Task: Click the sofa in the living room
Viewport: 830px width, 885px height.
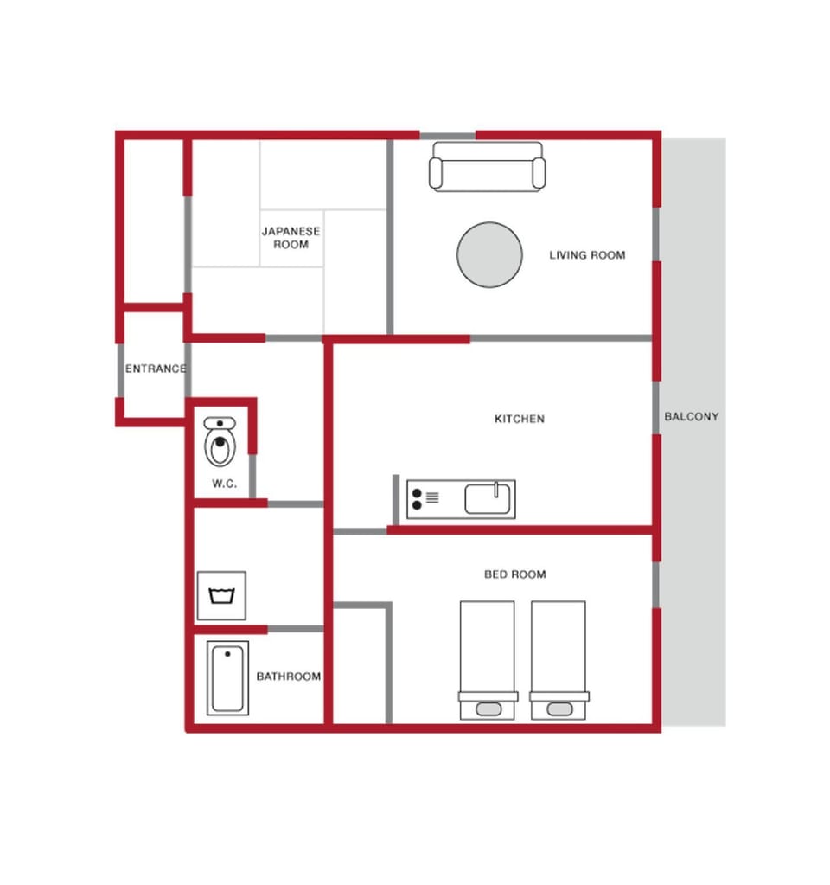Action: (487, 166)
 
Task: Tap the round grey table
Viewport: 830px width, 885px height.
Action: (489, 254)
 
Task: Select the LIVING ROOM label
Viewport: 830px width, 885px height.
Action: (587, 255)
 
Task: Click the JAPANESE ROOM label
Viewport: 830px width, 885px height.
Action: (290, 238)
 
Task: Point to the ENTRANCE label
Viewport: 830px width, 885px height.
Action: (156, 369)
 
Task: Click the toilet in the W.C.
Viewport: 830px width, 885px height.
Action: (220, 442)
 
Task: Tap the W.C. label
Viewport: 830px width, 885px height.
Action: (224, 484)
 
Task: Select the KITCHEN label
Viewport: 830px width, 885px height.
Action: (519, 419)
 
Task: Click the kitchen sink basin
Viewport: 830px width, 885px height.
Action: (488, 499)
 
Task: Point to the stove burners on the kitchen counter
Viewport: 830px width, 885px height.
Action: (417, 499)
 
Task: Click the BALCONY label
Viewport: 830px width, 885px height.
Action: (691, 416)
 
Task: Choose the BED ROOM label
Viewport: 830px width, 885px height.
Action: (514, 574)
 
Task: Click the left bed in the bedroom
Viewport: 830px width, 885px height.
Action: (488, 660)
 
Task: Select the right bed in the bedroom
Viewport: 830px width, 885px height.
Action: (559, 660)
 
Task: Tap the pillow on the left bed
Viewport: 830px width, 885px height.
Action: (488, 709)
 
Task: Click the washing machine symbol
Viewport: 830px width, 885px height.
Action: (221, 595)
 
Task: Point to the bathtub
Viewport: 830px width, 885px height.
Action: (227, 678)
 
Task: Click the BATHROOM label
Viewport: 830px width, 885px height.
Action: (288, 677)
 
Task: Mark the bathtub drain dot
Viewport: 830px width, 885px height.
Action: (227, 654)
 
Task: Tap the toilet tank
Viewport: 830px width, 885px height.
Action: (220, 423)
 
